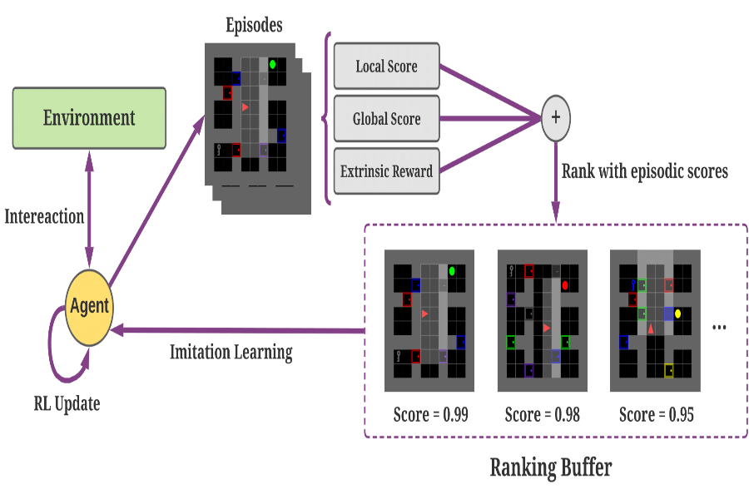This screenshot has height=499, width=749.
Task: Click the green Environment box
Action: pyautogui.click(x=89, y=118)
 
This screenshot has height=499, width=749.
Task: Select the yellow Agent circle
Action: pyautogui.click(x=89, y=306)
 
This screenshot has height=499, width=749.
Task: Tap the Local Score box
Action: pyautogui.click(x=386, y=67)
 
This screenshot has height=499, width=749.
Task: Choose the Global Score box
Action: pyautogui.click(x=386, y=119)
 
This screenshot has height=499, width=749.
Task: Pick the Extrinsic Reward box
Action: pyautogui.click(x=386, y=172)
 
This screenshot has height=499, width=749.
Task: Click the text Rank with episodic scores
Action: pyautogui.click(x=645, y=172)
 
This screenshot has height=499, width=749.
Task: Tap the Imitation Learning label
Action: pyautogui.click(x=231, y=352)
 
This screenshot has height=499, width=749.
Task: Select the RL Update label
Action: pyautogui.click(x=67, y=404)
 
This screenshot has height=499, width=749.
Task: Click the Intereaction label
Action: pyautogui.click(x=44, y=216)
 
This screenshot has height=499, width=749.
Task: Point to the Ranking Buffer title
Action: pyautogui.click(x=550, y=467)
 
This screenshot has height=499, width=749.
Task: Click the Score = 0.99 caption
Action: pyautogui.click(x=429, y=414)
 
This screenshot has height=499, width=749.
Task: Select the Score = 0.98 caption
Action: pyautogui.click(x=542, y=414)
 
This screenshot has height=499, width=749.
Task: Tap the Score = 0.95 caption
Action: pyautogui.click(x=655, y=414)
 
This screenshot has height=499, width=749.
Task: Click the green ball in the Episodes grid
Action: pyautogui.click(x=272, y=63)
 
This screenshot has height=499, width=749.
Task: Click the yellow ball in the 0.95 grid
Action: pyautogui.click(x=678, y=314)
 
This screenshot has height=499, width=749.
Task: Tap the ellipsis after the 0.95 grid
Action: pyautogui.click(x=721, y=328)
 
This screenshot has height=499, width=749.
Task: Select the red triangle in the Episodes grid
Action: pyautogui.click(x=245, y=107)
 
